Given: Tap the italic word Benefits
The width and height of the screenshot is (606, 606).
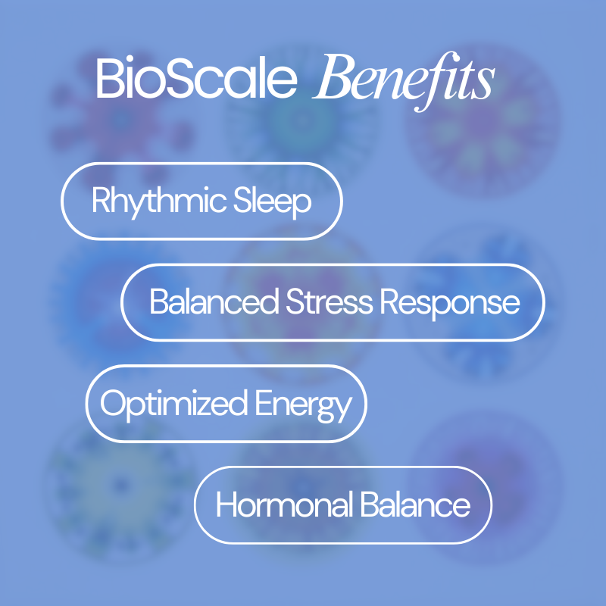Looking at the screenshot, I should click(x=402, y=80).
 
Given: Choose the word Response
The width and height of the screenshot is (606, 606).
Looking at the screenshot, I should click(x=450, y=303).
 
